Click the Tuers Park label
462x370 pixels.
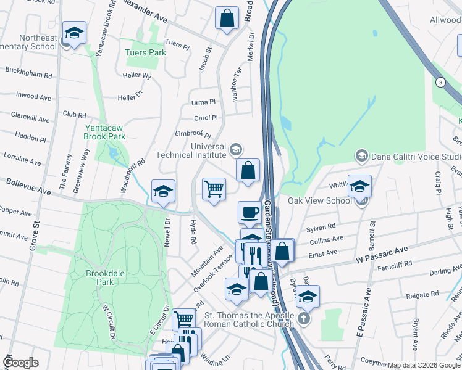(x=145, y=52)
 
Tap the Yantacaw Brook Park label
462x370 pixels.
(x=105, y=132)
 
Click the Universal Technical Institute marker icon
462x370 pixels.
(x=235, y=149)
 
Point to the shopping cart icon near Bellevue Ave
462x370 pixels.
(x=214, y=189)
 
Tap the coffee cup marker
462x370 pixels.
(x=250, y=212)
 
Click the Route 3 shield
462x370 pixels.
(x=440, y=82)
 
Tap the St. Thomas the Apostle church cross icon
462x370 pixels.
(x=303, y=319)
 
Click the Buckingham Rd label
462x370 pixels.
(x=29, y=73)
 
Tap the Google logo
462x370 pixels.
(x=21, y=363)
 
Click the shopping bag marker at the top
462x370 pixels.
(x=227, y=18)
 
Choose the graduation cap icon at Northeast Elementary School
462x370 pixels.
(x=74, y=33)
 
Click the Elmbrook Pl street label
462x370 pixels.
(x=193, y=134)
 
